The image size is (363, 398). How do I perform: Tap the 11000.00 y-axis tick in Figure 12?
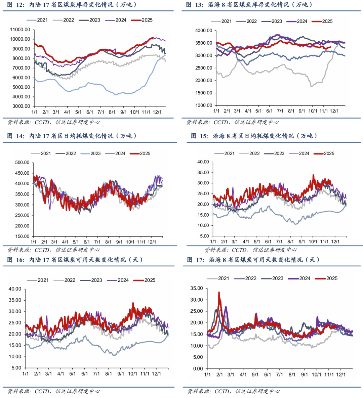(20, 30)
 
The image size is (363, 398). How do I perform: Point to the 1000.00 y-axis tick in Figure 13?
(204, 105)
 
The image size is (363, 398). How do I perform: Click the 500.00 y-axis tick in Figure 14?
(22, 163)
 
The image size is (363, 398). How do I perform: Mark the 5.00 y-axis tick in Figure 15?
(203, 236)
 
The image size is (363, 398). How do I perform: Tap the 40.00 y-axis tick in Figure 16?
(15, 289)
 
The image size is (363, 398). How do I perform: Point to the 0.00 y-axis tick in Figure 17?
(198, 369)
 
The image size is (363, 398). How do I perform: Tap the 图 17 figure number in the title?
(195, 260)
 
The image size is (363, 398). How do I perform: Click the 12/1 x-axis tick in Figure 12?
(157, 112)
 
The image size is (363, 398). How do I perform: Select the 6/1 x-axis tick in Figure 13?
(269, 111)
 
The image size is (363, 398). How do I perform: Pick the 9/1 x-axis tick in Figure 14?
(119, 242)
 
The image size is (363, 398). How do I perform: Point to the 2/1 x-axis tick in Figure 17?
(219, 374)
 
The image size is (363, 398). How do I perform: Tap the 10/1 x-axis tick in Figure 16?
(132, 373)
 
